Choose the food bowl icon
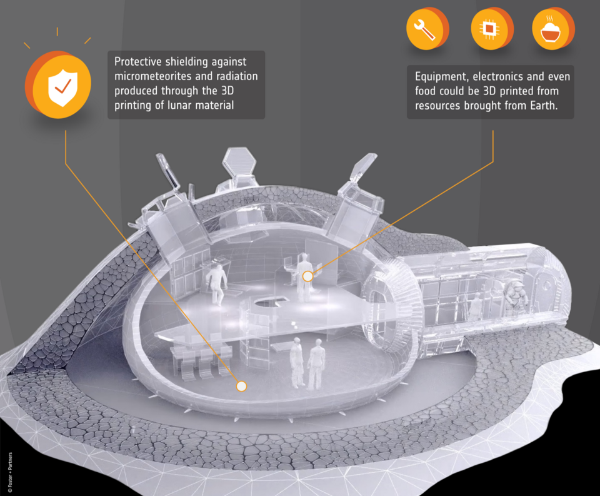pos(551,30)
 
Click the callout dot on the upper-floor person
pos(307,276)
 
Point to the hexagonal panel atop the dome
pos(239,162)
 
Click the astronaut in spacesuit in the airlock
pos(516,294)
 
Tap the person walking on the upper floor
pos(217,283)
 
